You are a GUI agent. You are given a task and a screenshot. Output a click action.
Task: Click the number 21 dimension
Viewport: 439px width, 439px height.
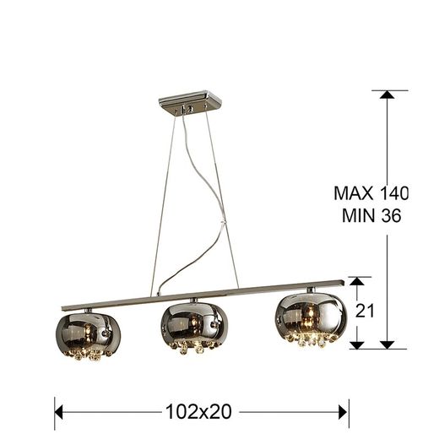tap(365, 310)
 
